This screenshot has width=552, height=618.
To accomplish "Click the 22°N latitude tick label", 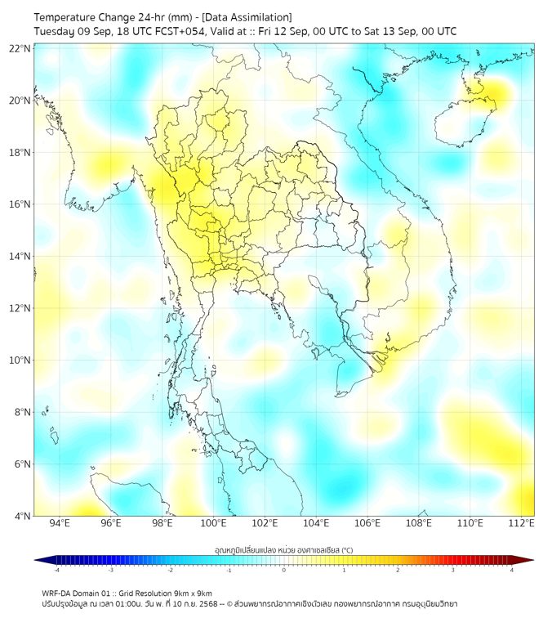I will pyautogui.click(x=20, y=48).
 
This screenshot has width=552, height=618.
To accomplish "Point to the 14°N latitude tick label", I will pyautogui.click(x=20, y=257).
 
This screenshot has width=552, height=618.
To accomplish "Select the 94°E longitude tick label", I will pyautogui.click(x=60, y=523).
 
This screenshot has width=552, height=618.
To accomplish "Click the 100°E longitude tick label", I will pyautogui.click(x=213, y=523).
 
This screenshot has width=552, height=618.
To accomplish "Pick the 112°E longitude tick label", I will pyautogui.click(x=522, y=523).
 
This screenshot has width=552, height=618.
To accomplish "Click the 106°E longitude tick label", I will pyautogui.click(x=367, y=523).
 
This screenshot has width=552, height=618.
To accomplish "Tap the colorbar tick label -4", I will pyautogui.click(x=56, y=570).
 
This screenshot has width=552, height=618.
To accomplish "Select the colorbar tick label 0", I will pyautogui.click(x=284, y=570).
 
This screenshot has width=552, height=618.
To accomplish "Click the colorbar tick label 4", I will pyautogui.click(x=512, y=570).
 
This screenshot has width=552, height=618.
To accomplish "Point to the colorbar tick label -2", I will pyautogui.click(x=170, y=570).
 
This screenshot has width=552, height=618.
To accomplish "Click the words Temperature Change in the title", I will pyautogui.click(x=79, y=17).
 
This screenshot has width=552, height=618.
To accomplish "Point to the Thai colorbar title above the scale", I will pyautogui.click(x=284, y=549).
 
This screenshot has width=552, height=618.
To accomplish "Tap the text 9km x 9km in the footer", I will pyautogui.click(x=193, y=593).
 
